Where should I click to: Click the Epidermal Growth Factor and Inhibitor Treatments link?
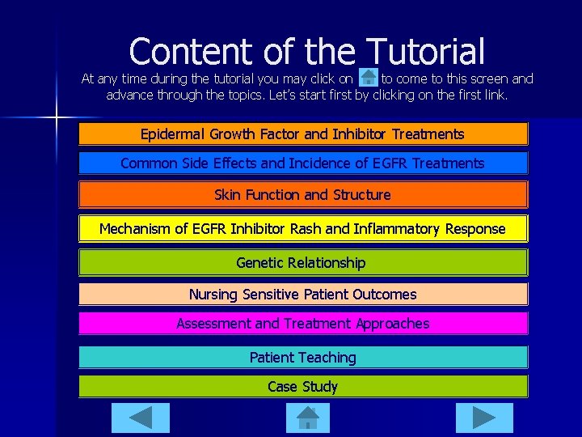pyautogui.click(x=302, y=134)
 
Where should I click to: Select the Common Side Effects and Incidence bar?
pyautogui.click(x=302, y=163)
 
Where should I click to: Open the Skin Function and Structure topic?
pyautogui.click(x=302, y=195)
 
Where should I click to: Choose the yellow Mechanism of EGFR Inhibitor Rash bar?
pyautogui.click(x=302, y=229)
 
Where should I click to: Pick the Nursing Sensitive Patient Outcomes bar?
pyautogui.click(x=302, y=295)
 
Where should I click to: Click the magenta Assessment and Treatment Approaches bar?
pyautogui.click(x=302, y=324)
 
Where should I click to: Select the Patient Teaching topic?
pyautogui.click(x=302, y=358)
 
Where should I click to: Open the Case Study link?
pyautogui.click(x=302, y=387)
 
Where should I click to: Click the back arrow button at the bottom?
pyautogui.click(x=141, y=418)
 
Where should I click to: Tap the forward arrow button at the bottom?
pyautogui.click(x=484, y=418)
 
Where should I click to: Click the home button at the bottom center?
pyautogui.click(x=308, y=418)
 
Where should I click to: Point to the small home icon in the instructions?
pyautogui.click(x=368, y=78)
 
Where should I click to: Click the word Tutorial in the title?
pyautogui.click(x=425, y=51)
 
